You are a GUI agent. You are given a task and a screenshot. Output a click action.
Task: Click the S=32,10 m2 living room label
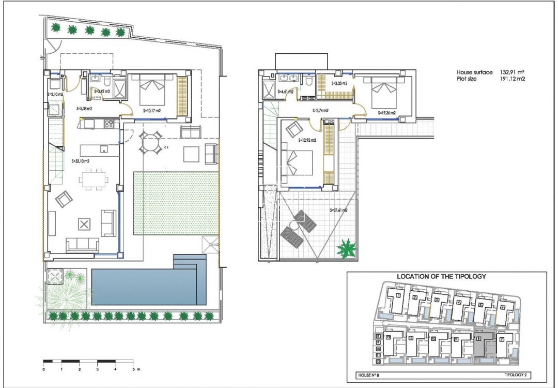81,161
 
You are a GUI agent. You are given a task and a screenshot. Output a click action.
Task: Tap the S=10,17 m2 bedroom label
151,110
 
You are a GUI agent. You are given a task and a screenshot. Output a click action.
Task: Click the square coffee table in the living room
84,224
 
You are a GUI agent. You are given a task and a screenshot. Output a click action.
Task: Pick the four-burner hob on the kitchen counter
109,124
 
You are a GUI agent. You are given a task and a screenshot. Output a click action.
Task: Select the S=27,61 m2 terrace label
338,210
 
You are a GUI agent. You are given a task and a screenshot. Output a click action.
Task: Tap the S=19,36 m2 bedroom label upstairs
386,112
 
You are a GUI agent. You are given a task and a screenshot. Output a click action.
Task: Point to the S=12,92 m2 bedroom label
307,140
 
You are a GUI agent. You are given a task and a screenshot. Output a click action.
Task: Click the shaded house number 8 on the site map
479,339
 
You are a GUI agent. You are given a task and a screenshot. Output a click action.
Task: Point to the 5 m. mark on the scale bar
133,369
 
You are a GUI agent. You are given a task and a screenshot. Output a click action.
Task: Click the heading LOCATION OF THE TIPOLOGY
441,276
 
